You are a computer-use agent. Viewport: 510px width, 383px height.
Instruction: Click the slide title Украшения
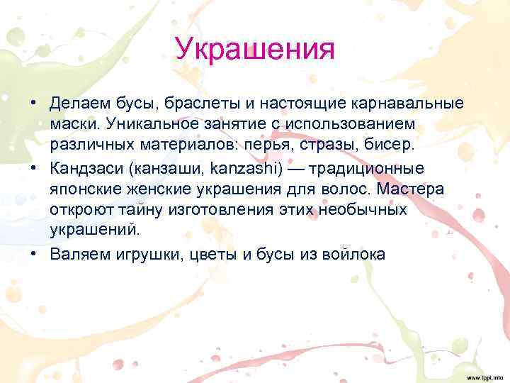point(254,50)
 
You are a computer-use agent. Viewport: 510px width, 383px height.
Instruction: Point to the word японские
point(82,189)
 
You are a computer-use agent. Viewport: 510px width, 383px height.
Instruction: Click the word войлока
point(353,254)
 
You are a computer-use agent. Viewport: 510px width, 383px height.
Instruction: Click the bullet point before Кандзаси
point(34,169)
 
